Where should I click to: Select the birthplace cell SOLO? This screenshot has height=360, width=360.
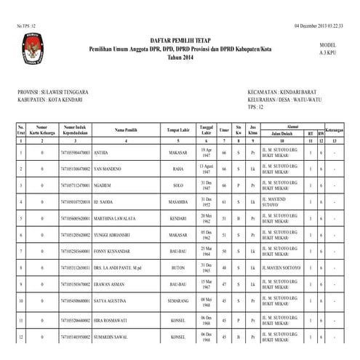177,185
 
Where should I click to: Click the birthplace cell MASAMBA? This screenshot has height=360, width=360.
177,201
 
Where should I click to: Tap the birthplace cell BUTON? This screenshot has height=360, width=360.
177,268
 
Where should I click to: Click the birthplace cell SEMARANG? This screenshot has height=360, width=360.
177,300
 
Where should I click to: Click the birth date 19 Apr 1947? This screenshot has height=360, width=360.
206,153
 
